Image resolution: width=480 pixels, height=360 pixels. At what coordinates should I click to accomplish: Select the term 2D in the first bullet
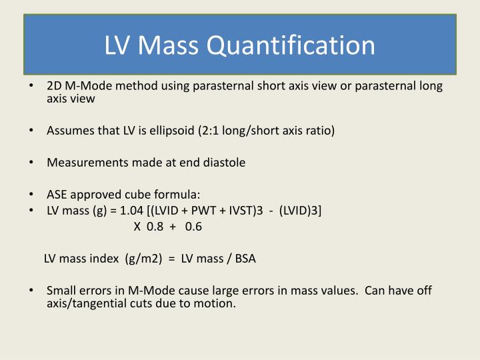click(53, 86)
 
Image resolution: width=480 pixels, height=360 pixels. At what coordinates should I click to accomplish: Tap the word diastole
click(224, 163)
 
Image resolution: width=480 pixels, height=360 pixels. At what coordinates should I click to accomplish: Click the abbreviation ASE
click(56, 195)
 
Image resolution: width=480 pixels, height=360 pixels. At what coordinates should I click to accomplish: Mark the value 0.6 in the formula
click(193, 227)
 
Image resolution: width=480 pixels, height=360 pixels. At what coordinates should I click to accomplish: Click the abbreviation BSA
click(244, 259)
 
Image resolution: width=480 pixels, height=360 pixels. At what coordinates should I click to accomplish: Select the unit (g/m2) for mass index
click(143, 259)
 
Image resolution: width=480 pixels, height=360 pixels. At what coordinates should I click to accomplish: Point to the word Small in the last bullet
click(60, 291)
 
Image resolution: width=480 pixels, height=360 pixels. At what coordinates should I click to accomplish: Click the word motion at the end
click(217, 303)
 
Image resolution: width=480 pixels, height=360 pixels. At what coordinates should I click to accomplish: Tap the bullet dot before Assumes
click(31, 131)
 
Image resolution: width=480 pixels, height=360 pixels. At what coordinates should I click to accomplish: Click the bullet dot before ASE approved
click(31, 195)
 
